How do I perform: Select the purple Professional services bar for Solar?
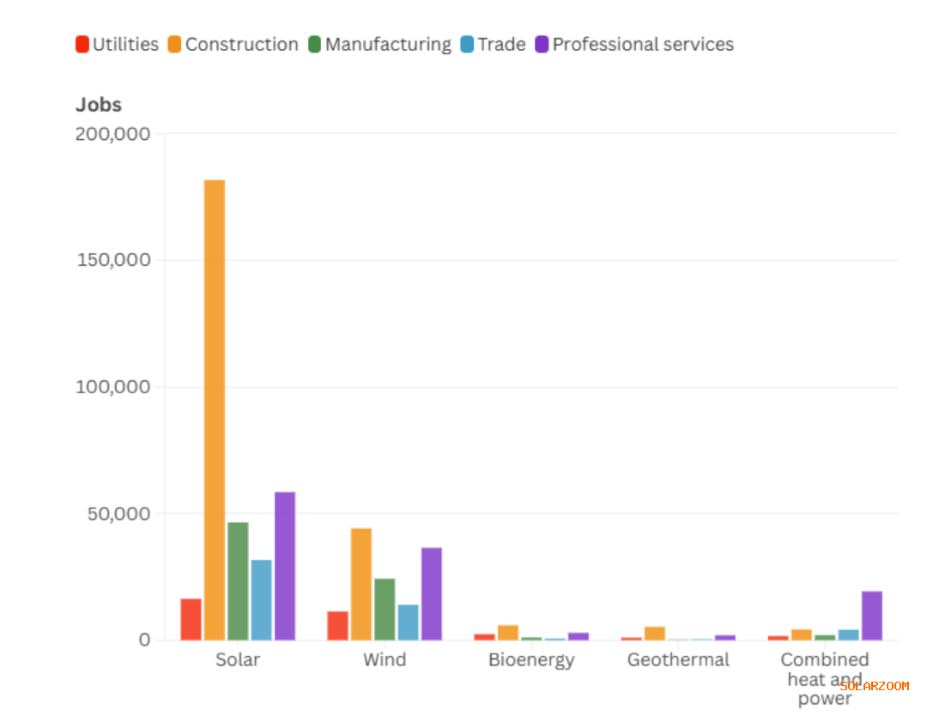coord(285,566)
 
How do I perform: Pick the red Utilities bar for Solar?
coord(191,619)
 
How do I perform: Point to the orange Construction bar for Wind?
coord(361,584)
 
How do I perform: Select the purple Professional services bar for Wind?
coord(432,593)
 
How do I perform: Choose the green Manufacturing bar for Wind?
coord(385,609)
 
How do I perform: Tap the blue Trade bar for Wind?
coord(409,622)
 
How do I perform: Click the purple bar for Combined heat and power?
coord(872,616)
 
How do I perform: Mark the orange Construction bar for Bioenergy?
coord(508,633)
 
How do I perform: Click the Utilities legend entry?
coord(117,45)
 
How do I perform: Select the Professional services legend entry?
coord(634,45)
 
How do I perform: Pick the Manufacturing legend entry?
coord(379,45)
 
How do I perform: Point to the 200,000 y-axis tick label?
coord(113,134)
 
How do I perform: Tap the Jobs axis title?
coord(99,105)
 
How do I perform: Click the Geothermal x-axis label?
coord(678,660)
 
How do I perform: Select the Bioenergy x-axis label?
coord(531,660)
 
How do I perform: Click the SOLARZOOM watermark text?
coord(875,686)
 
